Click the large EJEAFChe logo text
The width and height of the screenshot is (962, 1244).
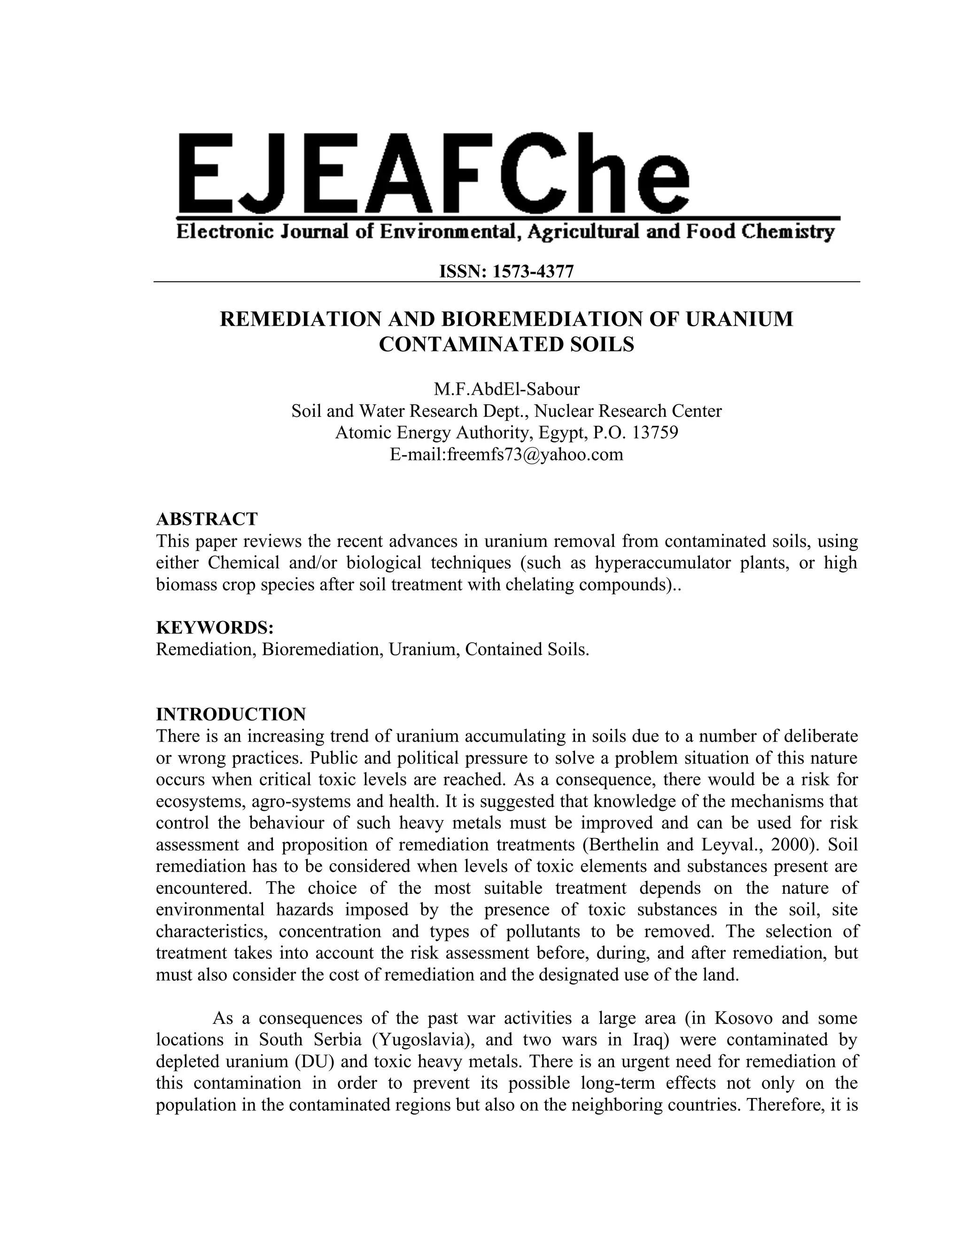(433, 174)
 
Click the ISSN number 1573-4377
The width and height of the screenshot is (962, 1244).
(532, 272)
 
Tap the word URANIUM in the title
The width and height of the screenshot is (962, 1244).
(738, 319)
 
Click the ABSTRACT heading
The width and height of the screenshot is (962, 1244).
(207, 519)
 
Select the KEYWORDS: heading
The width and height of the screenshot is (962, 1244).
(215, 628)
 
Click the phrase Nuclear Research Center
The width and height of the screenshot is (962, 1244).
(628, 411)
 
